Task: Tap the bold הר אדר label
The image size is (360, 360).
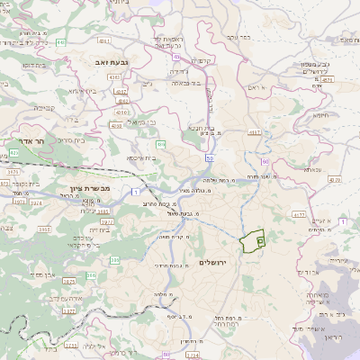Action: [31, 141]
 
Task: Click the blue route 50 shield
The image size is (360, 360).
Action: [209, 157]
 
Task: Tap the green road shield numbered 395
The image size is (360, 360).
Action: [115, 260]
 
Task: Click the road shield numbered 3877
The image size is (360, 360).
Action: [68, 310]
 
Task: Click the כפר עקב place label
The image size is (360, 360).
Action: [238, 37]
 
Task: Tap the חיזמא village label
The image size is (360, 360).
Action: [321, 115]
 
